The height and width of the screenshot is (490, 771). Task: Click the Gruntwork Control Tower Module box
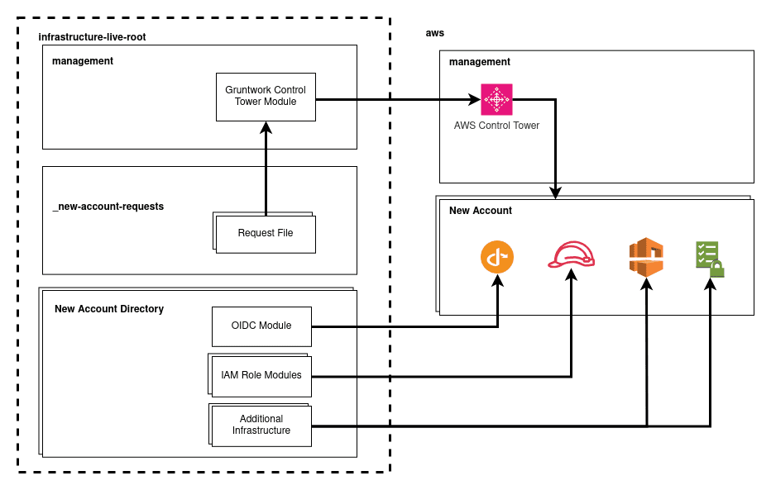tap(266, 97)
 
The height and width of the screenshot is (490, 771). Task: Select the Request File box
tap(266, 234)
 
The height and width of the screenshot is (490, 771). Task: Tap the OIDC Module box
tap(261, 326)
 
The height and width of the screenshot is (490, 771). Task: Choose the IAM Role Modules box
tap(261, 377)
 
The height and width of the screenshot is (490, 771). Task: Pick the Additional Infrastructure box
tap(261, 426)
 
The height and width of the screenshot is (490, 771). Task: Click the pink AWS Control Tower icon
tap(496, 99)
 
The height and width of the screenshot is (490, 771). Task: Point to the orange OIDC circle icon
tap(497, 257)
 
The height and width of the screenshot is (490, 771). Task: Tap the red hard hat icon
tap(572, 255)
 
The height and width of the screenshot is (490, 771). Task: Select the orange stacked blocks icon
tap(646, 257)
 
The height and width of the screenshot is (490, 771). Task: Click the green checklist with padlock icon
tap(710, 259)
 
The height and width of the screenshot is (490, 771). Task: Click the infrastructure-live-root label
tap(92, 37)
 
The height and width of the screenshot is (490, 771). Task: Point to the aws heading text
tap(434, 33)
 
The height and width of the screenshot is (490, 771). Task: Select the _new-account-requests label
tap(108, 207)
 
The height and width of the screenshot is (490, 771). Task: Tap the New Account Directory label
tap(109, 309)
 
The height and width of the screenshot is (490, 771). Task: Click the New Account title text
tap(481, 211)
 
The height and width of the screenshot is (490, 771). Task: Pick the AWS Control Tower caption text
tap(496, 126)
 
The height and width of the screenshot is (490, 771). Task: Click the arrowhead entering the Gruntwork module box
tap(266, 127)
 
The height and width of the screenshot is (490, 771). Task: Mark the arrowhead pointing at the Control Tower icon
tap(475, 100)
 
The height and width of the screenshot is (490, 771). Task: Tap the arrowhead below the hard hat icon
tap(572, 274)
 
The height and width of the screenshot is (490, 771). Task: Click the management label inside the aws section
tap(480, 62)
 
